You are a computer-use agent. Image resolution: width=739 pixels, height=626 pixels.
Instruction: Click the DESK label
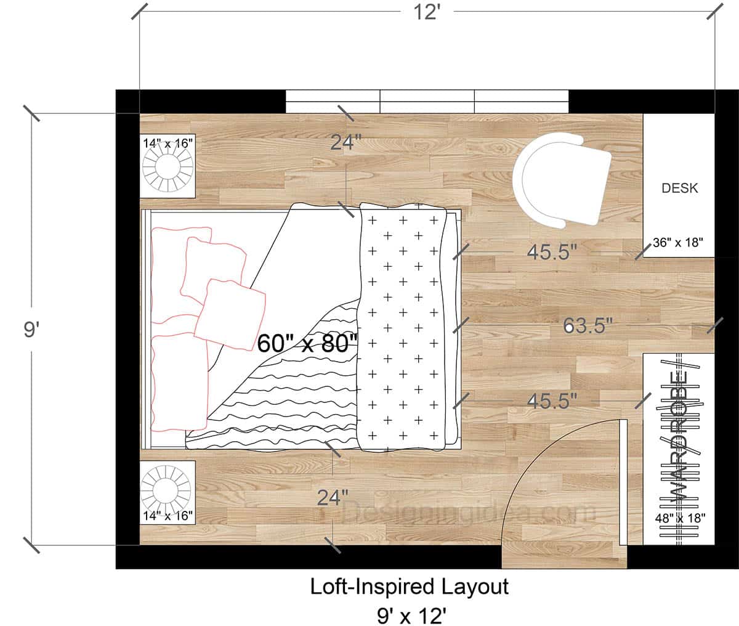[680, 189]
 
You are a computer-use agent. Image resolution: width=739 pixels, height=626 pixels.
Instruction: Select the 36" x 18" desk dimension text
[677, 242]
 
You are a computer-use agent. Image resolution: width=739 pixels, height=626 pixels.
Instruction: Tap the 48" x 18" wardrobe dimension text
[679, 518]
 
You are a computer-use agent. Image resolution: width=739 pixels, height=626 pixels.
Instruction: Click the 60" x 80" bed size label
[307, 343]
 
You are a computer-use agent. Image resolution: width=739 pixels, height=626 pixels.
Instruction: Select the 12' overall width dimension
[427, 12]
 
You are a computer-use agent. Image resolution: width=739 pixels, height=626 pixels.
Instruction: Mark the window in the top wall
[427, 102]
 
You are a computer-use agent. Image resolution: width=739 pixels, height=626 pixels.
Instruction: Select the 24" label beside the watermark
[333, 497]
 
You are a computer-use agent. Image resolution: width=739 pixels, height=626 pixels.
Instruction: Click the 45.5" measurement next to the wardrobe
[552, 400]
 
